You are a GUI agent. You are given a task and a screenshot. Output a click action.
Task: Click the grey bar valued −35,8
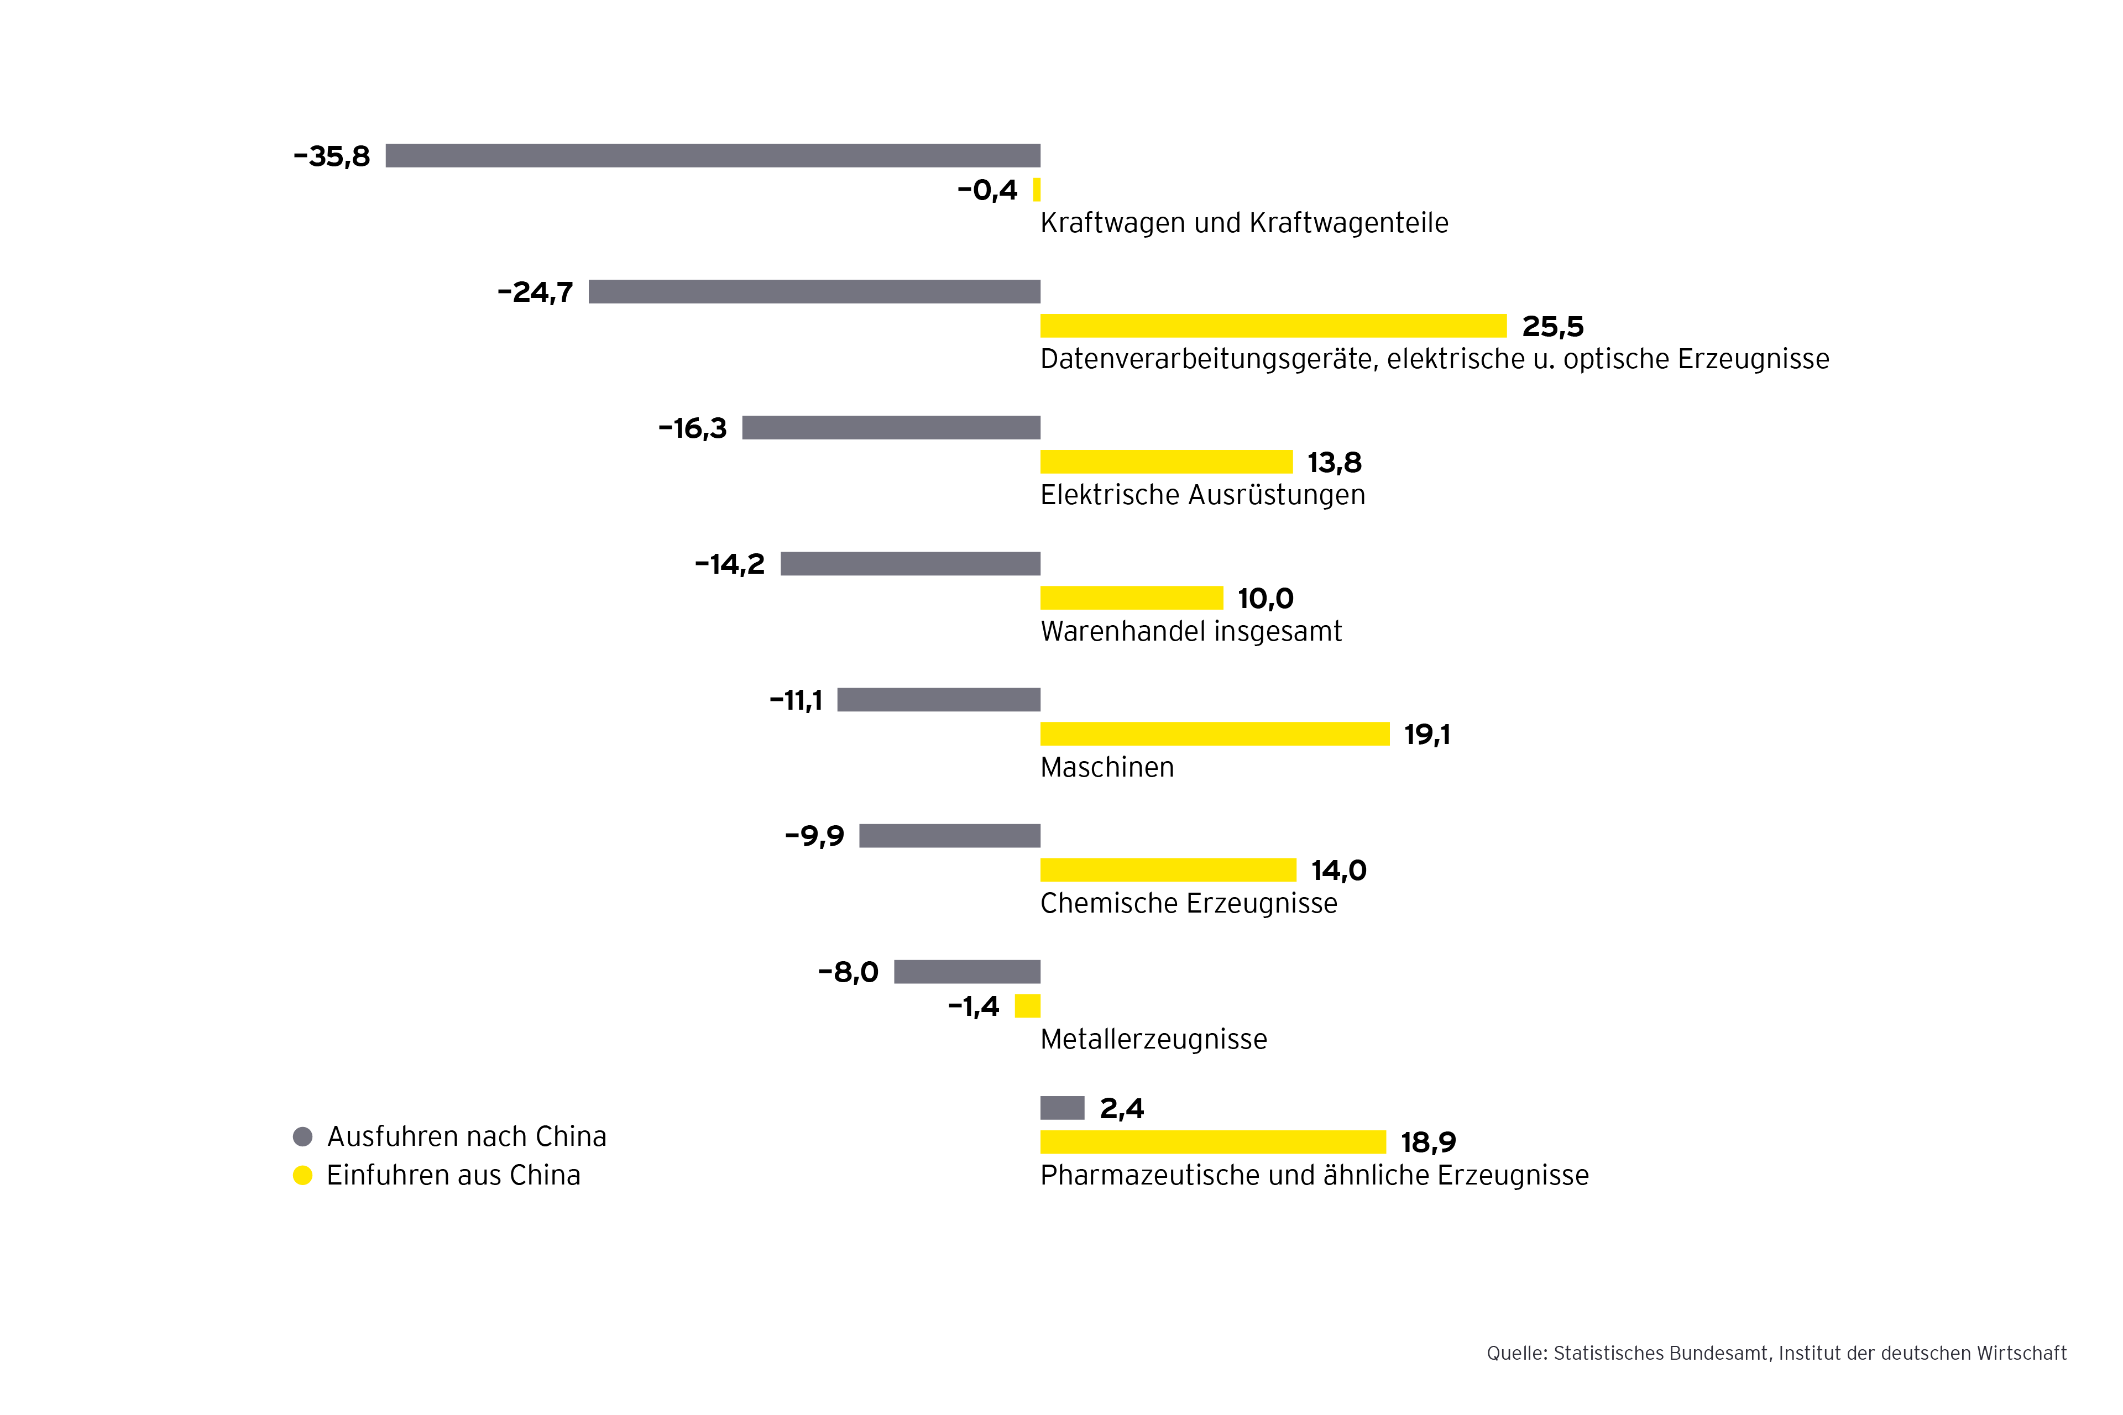[x=713, y=155]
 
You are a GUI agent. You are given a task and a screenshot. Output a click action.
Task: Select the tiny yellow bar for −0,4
[x=1036, y=190]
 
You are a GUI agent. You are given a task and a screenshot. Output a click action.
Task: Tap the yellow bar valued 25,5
[x=1273, y=326]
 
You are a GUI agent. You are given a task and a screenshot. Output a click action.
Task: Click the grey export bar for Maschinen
[x=939, y=699]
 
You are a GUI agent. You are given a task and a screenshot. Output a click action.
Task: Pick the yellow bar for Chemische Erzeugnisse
[x=1168, y=870]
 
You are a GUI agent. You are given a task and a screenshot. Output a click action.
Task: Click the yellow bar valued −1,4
[x=1027, y=1006]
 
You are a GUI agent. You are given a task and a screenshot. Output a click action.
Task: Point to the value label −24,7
[x=535, y=292]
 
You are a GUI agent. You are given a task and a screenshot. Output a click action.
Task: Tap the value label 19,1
[x=1427, y=735]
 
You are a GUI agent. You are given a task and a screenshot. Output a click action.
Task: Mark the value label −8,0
[x=848, y=972]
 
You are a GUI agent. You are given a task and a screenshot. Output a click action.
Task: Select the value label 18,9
[x=1428, y=1143]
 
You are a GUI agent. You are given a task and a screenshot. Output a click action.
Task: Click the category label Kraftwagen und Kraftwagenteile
[x=1244, y=223]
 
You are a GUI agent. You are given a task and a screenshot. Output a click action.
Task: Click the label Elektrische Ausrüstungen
[x=1202, y=495]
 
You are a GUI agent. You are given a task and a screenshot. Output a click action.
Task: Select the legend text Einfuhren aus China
[x=453, y=1176]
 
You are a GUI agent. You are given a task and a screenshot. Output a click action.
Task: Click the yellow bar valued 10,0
[x=1131, y=598]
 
